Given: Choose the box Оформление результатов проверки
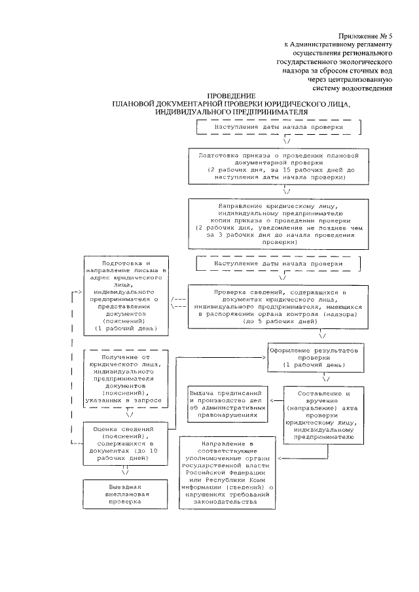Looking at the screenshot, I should pyautogui.click(x=314, y=357).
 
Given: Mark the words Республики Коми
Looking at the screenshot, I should pyautogui.click(x=246, y=479).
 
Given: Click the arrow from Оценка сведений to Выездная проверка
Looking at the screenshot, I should pyautogui.click(x=126, y=472).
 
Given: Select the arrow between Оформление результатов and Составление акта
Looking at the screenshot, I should pyautogui.click(x=325, y=377).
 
